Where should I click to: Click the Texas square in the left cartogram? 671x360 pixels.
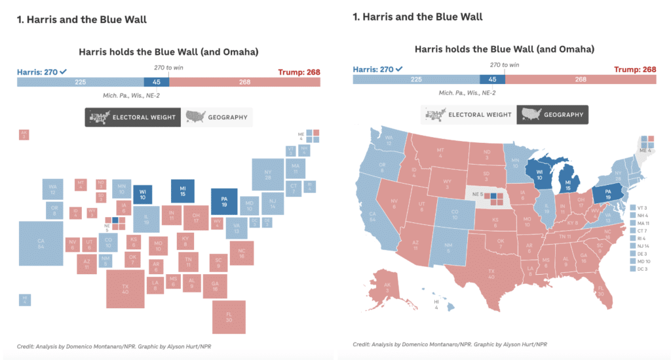pos(126,289)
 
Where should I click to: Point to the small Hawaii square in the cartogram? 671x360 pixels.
pos(25,300)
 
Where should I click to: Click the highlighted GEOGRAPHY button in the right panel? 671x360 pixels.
pos(552,115)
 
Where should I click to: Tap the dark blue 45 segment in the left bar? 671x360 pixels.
pos(156,82)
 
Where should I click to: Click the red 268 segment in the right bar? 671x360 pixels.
pos(580,79)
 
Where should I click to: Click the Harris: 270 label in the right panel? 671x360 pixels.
pos(378,70)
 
